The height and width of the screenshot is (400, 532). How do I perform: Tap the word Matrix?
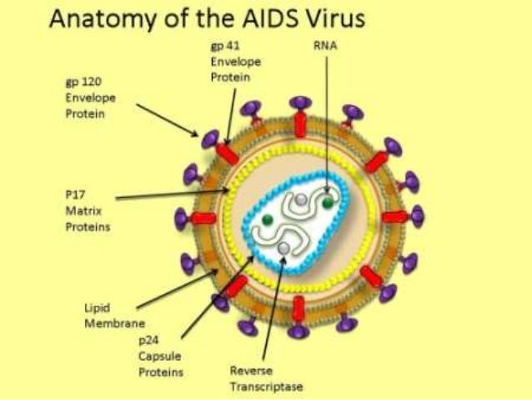pyautogui.click(x=80, y=211)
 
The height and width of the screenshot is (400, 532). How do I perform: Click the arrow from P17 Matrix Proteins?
pyautogui.click(x=167, y=196)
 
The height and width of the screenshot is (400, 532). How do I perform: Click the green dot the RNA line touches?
pyautogui.click(x=330, y=200)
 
